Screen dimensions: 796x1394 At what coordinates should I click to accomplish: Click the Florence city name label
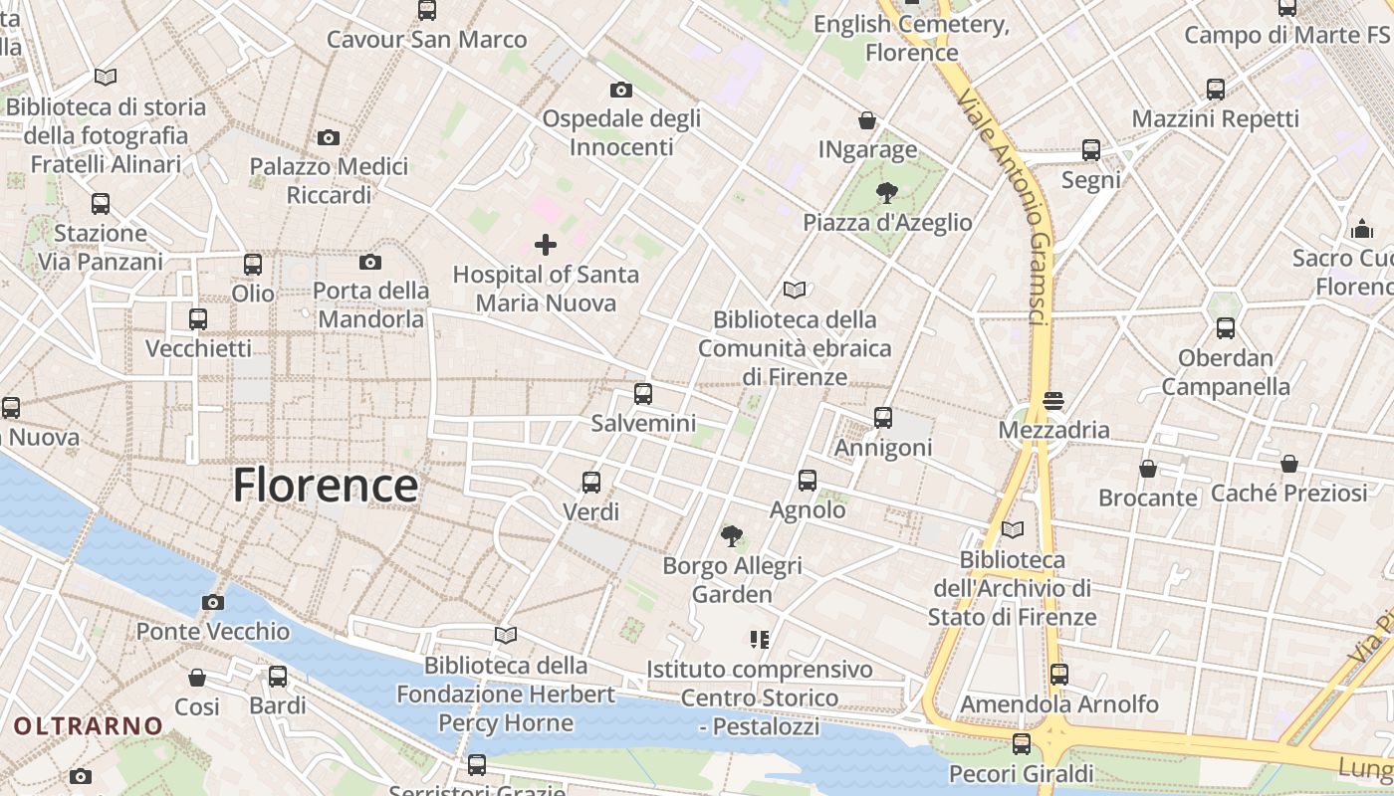click(x=326, y=486)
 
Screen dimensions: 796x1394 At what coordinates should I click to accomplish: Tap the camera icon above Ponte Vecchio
click(x=213, y=602)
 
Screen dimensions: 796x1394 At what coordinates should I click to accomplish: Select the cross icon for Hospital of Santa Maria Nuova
click(x=546, y=244)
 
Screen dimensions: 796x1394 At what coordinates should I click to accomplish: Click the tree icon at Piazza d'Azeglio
click(x=886, y=192)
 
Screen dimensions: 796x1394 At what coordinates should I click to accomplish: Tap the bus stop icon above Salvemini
click(x=643, y=393)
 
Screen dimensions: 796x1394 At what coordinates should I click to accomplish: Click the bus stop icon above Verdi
click(x=591, y=483)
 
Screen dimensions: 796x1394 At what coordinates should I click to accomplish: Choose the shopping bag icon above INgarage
click(x=867, y=120)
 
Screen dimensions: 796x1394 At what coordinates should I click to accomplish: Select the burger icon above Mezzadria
click(x=1053, y=401)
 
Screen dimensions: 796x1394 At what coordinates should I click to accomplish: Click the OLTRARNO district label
click(x=88, y=726)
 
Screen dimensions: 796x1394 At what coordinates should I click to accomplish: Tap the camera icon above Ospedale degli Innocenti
click(x=621, y=90)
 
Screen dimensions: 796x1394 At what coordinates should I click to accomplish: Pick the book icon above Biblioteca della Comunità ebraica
click(x=795, y=290)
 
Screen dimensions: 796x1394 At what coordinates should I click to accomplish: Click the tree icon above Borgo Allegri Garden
click(x=732, y=536)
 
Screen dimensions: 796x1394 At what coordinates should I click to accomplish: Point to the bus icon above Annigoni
click(x=883, y=418)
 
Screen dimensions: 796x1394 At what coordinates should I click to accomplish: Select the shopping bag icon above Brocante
click(x=1148, y=468)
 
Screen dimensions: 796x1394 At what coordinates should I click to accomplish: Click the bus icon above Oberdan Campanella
click(x=1226, y=327)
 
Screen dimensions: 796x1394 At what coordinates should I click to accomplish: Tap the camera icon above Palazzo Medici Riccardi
click(x=329, y=137)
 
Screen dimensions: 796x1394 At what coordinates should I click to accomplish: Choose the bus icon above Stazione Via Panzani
click(x=101, y=204)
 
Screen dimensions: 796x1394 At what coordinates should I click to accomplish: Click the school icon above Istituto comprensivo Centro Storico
click(x=761, y=639)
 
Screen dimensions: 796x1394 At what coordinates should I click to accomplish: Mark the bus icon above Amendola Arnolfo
click(x=1059, y=675)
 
